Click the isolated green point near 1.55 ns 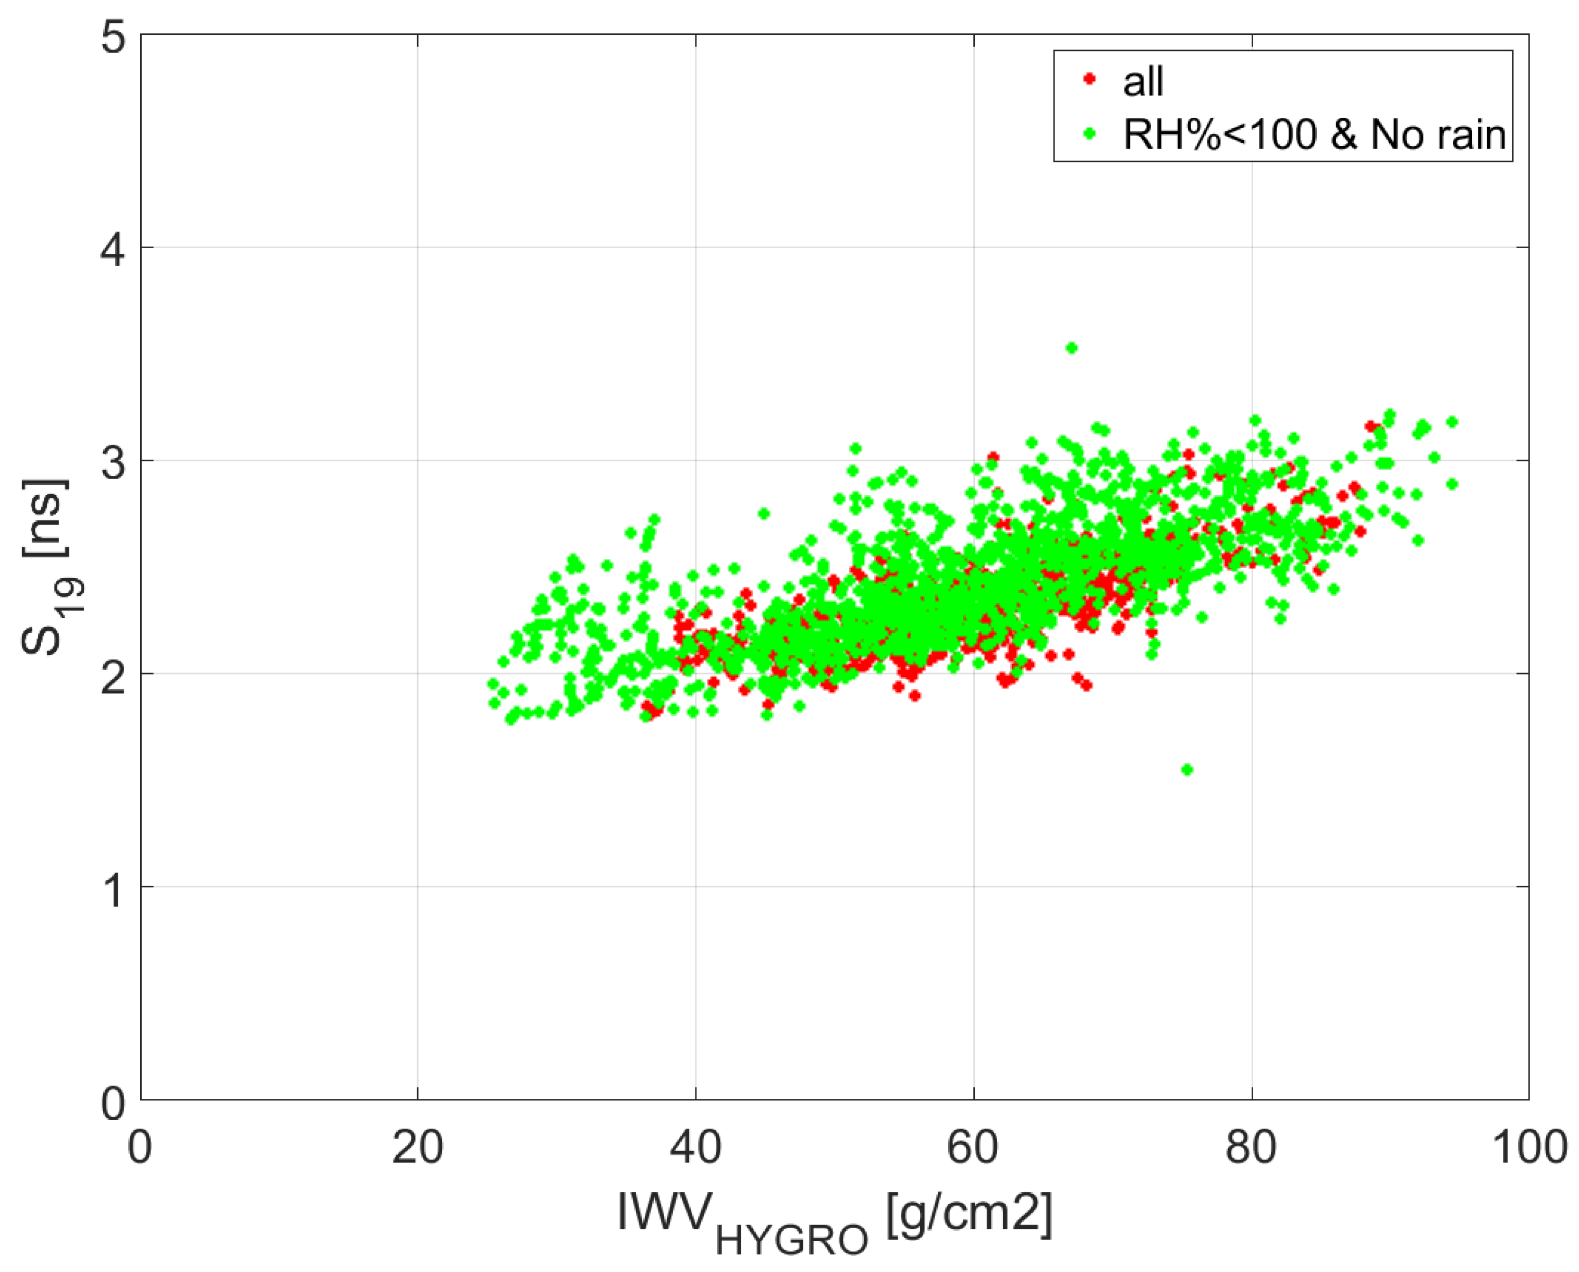(1187, 769)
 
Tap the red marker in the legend (1090, 79)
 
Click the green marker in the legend (1090, 133)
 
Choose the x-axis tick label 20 (417, 1147)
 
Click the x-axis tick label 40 (694, 1147)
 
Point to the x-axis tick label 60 (973, 1147)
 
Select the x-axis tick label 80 (1252, 1147)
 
